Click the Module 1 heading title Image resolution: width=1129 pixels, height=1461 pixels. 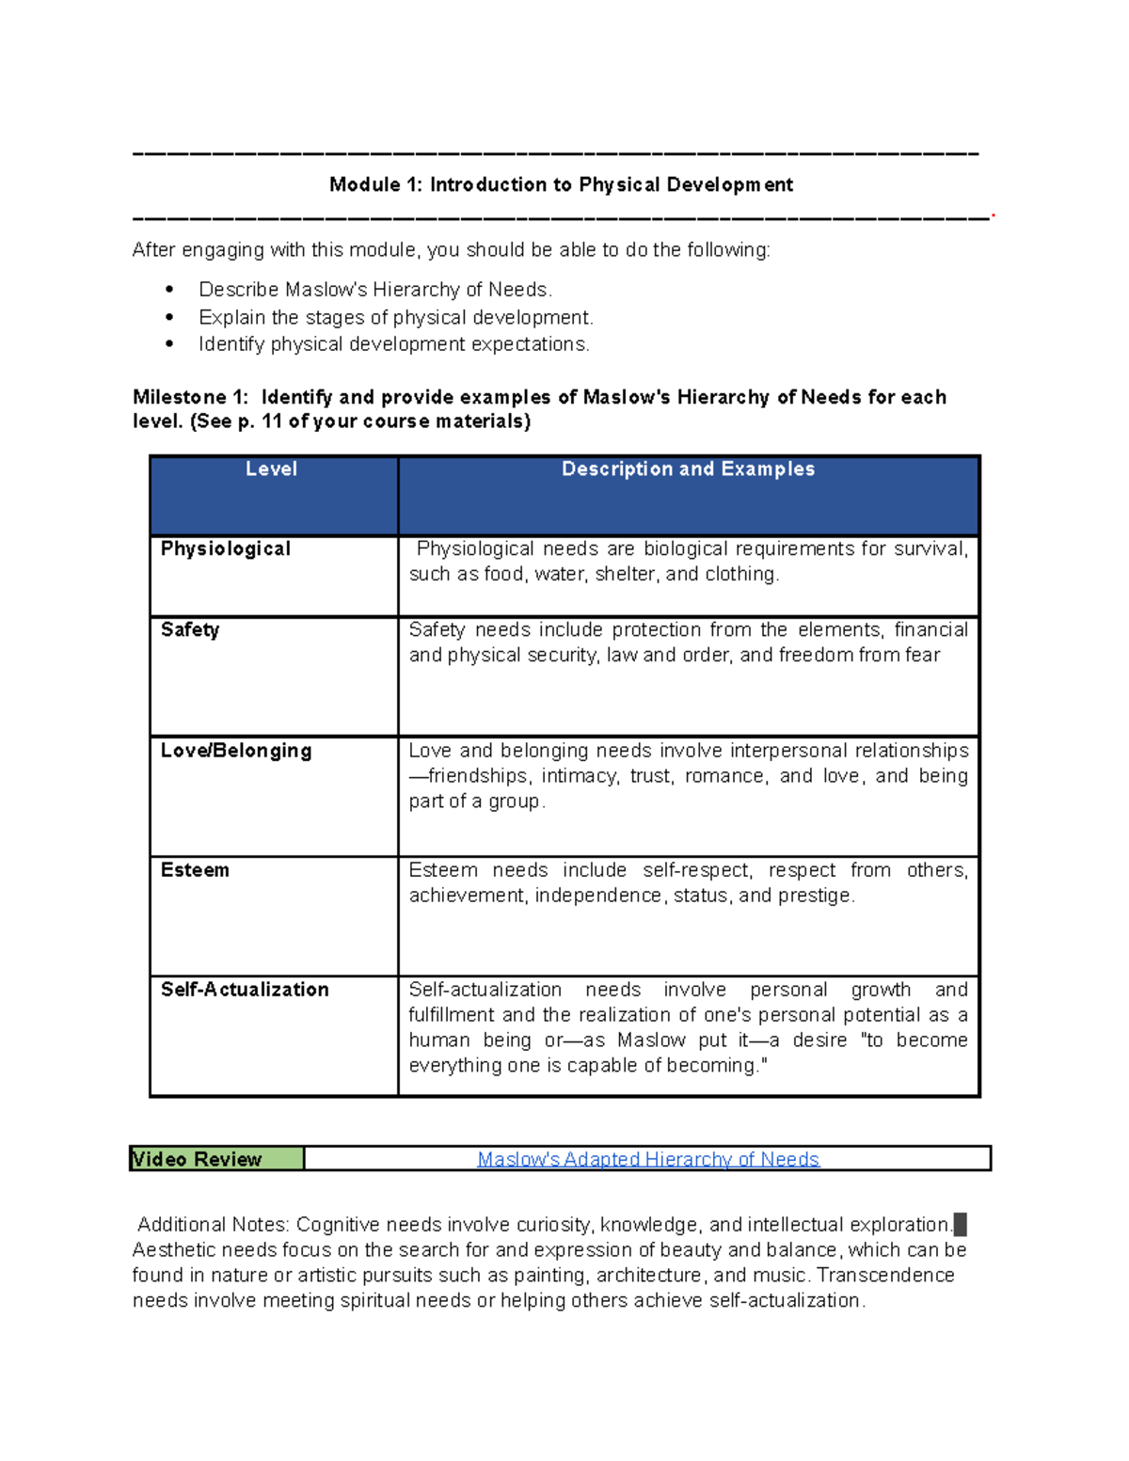point(561,184)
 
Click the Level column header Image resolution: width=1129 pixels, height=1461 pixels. point(271,468)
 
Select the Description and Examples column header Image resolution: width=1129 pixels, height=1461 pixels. point(688,468)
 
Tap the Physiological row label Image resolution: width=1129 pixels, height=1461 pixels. point(226,548)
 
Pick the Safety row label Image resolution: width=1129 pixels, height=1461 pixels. point(190,629)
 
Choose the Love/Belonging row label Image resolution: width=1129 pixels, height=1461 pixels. point(236,750)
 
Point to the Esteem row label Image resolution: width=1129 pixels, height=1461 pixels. point(195,870)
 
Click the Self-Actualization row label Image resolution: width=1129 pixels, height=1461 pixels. point(245,990)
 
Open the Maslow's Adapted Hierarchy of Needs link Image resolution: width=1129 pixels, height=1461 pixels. point(648,1159)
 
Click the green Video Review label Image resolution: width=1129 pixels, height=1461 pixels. point(198,1159)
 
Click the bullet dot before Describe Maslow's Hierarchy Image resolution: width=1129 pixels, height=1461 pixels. point(169,290)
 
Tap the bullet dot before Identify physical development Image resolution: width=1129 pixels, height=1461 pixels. point(169,344)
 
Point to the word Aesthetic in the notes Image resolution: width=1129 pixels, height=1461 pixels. point(170,1249)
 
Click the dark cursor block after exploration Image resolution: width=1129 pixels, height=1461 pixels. point(960,1224)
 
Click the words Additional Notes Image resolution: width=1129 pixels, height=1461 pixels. point(213,1224)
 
